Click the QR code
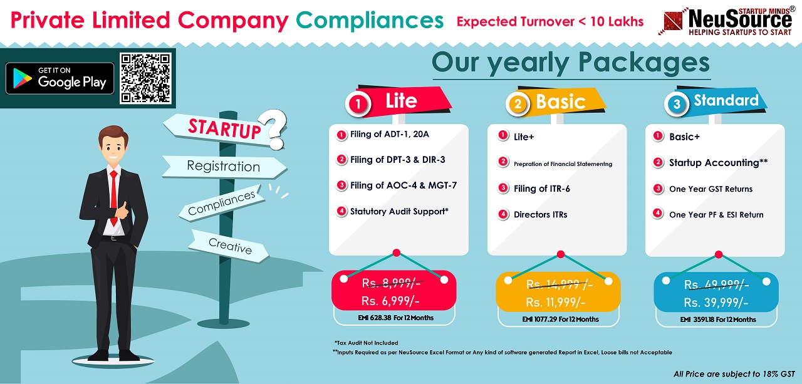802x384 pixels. coord(145,78)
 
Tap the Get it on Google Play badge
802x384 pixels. coord(60,78)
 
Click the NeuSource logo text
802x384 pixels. coord(740,19)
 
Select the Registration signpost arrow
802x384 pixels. coord(224,167)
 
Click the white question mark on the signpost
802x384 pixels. coord(273,129)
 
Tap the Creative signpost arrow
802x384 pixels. coord(229,246)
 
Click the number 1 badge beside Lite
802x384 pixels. coord(358,104)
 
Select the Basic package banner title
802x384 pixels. coord(560,101)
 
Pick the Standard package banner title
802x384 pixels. coord(726,100)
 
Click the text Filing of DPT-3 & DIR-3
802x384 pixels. coord(397,160)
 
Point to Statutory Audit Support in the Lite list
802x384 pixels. coord(399,212)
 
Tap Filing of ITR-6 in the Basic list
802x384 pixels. coord(542,189)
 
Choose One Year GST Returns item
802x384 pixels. coord(711,189)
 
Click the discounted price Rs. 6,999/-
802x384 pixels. coord(390,301)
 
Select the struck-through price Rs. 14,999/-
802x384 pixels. coord(560,285)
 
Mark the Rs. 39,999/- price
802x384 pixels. coord(716,303)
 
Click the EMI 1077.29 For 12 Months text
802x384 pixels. coord(560,319)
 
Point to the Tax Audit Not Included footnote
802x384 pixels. coord(366,343)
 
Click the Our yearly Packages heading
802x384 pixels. coord(571,63)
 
